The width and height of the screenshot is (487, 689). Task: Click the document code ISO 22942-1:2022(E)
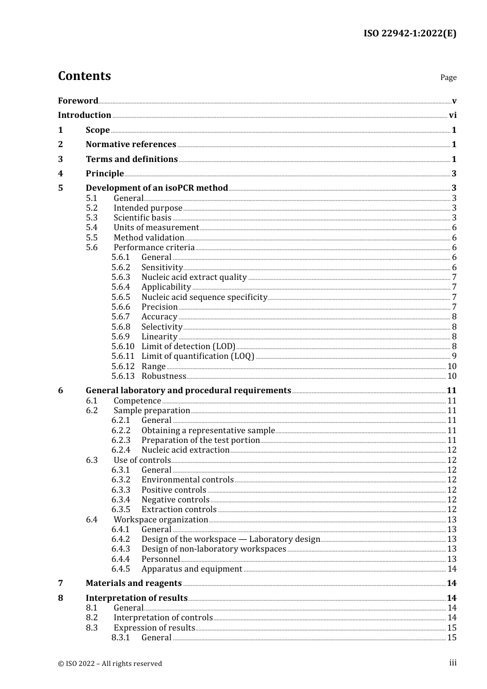point(410,33)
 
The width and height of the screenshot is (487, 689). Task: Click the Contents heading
point(84,76)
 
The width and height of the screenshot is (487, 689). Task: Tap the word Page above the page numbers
point(448,77)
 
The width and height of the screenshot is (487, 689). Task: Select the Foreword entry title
point(78,101)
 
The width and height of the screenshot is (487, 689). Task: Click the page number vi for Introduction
point(453,115)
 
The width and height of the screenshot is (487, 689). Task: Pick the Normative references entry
point(131,145)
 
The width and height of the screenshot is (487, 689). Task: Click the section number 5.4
point(92,228)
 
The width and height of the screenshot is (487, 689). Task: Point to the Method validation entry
point(149,238)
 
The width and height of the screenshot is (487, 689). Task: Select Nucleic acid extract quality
point(194,277)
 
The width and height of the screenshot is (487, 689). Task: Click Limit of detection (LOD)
point(188,347)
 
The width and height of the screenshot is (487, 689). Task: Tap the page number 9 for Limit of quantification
point(454,356)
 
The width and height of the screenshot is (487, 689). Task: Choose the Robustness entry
point(164,376)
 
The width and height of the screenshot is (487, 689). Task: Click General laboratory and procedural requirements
point(188,391)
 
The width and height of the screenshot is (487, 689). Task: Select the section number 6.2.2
point(121,431)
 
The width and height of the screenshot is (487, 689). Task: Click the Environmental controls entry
point(188,480)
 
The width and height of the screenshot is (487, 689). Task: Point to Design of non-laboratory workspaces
point(214,549)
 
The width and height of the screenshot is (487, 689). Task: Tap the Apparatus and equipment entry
point(192,569)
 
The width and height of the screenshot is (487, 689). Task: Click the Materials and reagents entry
point(133,583)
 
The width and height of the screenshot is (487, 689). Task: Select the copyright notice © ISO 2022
point(110,663)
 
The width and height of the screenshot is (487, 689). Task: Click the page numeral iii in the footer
point(453,663)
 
